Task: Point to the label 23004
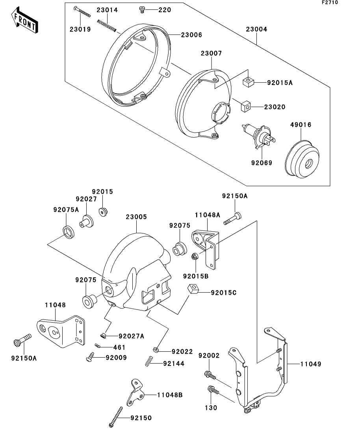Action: point(257,29)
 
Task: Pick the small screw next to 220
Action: point(143,9)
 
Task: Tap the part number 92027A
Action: point(131,336)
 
